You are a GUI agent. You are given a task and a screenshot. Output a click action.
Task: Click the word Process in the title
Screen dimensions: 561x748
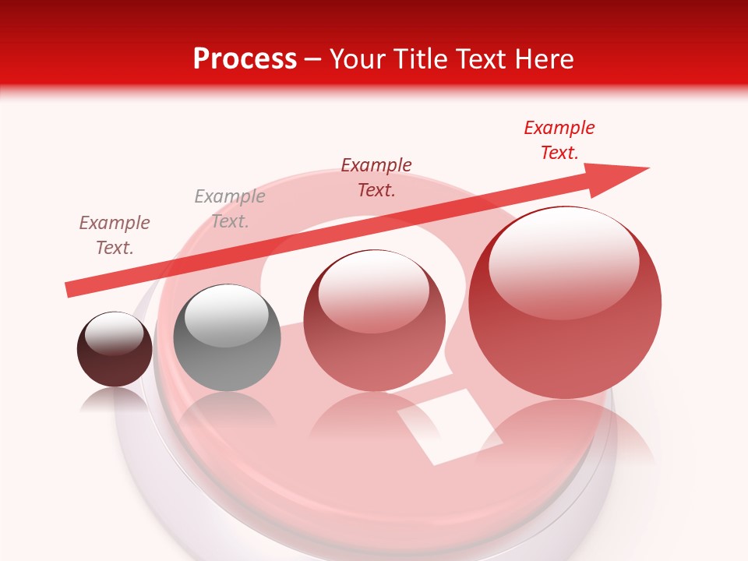[245, 58]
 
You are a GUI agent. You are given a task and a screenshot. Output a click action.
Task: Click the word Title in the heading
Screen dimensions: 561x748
[422, 58]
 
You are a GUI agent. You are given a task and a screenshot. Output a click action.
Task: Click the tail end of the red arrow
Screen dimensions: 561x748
[70, 289]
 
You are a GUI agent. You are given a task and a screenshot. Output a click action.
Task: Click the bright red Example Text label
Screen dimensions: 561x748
[559, 140]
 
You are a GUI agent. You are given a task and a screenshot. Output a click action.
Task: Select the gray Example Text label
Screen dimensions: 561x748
[230, 209]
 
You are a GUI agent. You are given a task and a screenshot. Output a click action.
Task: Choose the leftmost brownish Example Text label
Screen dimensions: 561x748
[115, 235]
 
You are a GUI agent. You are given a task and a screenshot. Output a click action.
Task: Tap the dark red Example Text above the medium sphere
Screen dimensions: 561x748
[376, 177]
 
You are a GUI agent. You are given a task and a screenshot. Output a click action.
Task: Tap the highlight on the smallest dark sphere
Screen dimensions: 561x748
[115, 333]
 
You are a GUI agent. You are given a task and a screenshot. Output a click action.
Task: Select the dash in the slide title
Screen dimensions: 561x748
[313, 60]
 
